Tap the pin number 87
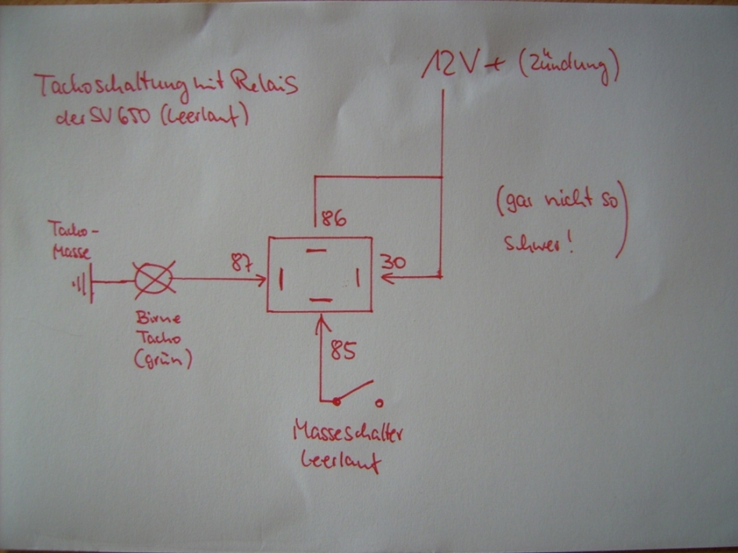pos(242,263)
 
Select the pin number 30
pos(393,263)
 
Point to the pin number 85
pos(343,350)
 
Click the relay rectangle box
pos(318,274)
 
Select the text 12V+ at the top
pos(463,65)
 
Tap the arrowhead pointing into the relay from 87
pos(261,278)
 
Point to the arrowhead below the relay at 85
pos(322,318)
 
